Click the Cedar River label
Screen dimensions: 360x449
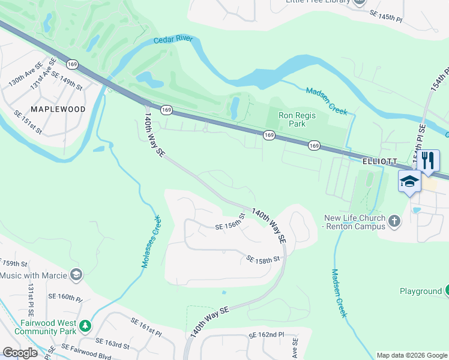coord(174,40)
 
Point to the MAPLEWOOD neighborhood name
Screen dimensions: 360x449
coord(58,109)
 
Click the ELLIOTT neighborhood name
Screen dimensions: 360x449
coord(379,161)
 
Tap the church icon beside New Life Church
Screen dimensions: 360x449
coord(394,221)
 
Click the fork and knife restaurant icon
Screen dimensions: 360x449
coord(428,160)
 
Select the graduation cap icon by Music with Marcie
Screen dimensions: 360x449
coord(76,275)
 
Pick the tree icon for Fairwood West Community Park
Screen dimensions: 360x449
coord(86,326)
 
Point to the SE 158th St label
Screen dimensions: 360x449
coord(264,259)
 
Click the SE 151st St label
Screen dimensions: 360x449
coord(28,121)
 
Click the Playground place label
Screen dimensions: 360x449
coord(421,291)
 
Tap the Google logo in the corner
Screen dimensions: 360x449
coord(20,352)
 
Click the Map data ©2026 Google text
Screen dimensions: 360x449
coord(411,355)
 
